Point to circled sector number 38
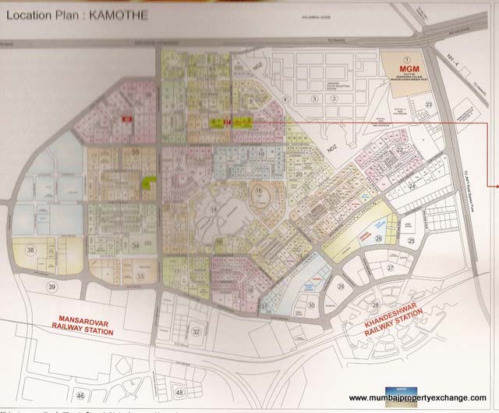[30, 250]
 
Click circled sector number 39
[30, 287]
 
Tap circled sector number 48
[181, 393]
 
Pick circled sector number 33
[141, 276]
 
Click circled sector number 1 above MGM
[405, 59]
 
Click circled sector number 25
[410, 241]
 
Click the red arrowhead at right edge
[494, 185]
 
